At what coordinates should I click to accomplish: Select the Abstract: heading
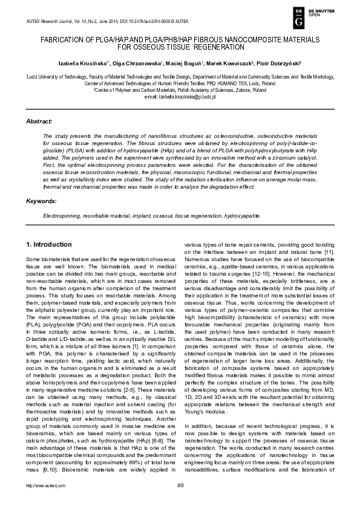(x=39, y=122)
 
